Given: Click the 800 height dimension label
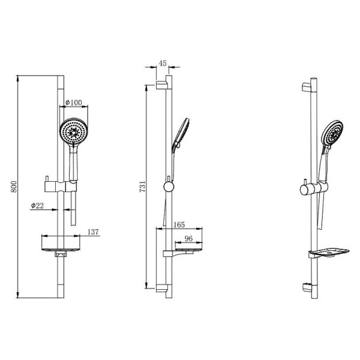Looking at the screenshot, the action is click(x=14, y=187).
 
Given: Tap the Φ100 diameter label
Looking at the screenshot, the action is click(x=73, y=103).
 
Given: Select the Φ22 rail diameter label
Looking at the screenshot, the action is click(x=37, y=205).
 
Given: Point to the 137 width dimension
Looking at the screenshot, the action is click(x=93, y=232).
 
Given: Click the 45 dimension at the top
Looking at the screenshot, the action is click(x=163, y=64).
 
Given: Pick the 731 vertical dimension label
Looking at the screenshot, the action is click(x=143, y=187).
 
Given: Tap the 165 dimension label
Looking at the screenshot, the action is click(x=179, y=224).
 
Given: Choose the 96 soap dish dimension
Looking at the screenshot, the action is click(x=188, y=239).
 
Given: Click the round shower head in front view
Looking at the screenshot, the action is click(x=74, y=132).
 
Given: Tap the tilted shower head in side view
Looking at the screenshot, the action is click(x=181, y=133).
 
